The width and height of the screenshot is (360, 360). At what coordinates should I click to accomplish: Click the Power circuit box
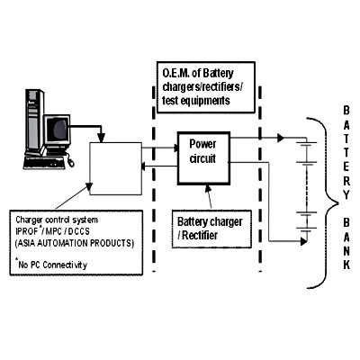[x=204, y=157]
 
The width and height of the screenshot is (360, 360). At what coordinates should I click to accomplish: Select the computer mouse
[x=71, y=163]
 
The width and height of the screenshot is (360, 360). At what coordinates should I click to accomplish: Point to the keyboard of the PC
[x=45, y=163]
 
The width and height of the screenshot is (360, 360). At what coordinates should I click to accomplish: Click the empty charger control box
[x=116, y=168]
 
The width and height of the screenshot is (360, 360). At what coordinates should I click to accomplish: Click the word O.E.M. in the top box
[x=174, y=74]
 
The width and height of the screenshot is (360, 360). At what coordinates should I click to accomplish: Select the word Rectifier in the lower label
[x=200, y=235]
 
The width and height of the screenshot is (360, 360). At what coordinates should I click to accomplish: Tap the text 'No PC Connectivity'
[x=53, y=265]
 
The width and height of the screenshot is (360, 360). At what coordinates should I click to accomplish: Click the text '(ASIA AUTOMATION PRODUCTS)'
[x=75, y=243]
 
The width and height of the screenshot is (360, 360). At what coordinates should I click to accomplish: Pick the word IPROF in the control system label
[x=27, y=231]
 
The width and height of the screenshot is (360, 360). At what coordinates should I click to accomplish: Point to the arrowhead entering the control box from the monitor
[x=102, y=138]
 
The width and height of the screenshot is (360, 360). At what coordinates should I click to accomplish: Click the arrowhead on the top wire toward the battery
[x=281, y=138]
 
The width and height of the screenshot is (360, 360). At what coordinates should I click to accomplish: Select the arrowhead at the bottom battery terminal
[x=303, y=241]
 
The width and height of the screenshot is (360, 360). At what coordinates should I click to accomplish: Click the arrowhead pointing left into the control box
[x=145, y=166]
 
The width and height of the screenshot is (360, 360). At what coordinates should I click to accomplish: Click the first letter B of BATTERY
[x=346, y=111]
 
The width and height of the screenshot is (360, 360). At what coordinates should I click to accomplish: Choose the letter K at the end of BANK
[x=346, y=265]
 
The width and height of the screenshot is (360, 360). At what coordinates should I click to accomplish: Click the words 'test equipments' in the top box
[x=196, y=101]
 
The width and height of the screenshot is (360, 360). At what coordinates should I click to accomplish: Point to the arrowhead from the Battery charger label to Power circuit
[x=208, y=188]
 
